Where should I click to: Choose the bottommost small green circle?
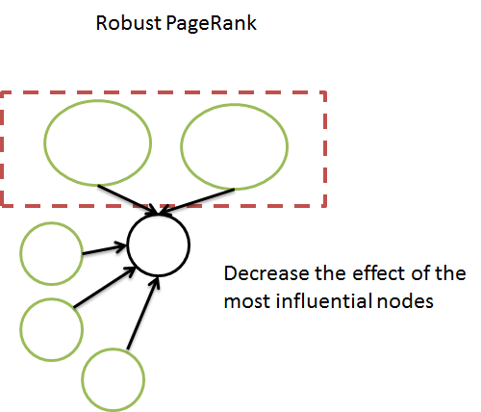pos(114,378)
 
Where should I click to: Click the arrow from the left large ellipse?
pos(129,197)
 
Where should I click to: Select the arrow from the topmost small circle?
pos(105,251)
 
